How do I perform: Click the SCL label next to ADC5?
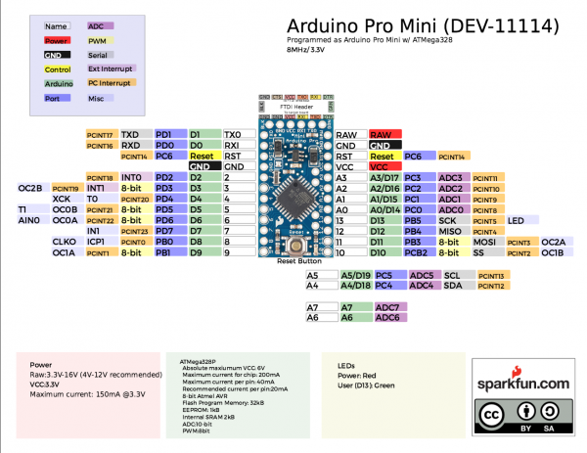(453, 276)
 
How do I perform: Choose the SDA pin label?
(453, 286)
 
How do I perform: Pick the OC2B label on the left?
(29, 187)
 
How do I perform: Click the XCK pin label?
(63, 199)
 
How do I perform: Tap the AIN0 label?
(28, 221)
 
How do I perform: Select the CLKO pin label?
(64, 241)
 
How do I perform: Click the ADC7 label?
(387, 307)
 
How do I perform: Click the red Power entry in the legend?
(57, 41)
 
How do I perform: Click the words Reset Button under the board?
(298, 262)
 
